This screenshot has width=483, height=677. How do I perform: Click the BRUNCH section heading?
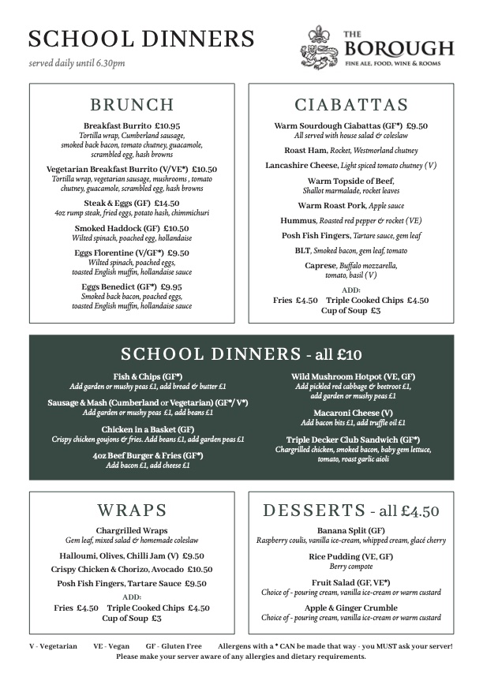pyautogui.click(x=132, y=105)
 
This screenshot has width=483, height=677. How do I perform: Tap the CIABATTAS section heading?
pyautogui.click(x=351, y=105)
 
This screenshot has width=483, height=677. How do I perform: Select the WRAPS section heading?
pyautogui.click(x=132, y=509)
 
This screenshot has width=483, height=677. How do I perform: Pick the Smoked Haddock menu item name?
pyautogui.click(x=110, y=228)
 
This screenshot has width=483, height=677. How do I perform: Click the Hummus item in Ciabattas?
pyautogui.click(x=300, y=221)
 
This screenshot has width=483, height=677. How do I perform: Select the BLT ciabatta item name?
pyautogui.click(x=301, y=250)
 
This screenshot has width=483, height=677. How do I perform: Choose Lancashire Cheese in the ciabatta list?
pyautogui.click(x=301, y=165)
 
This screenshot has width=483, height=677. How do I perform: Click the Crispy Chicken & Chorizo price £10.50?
pyautogui.click(x=200, y=569)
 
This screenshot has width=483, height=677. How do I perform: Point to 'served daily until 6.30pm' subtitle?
pyautogui.click(x=77, y=63)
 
